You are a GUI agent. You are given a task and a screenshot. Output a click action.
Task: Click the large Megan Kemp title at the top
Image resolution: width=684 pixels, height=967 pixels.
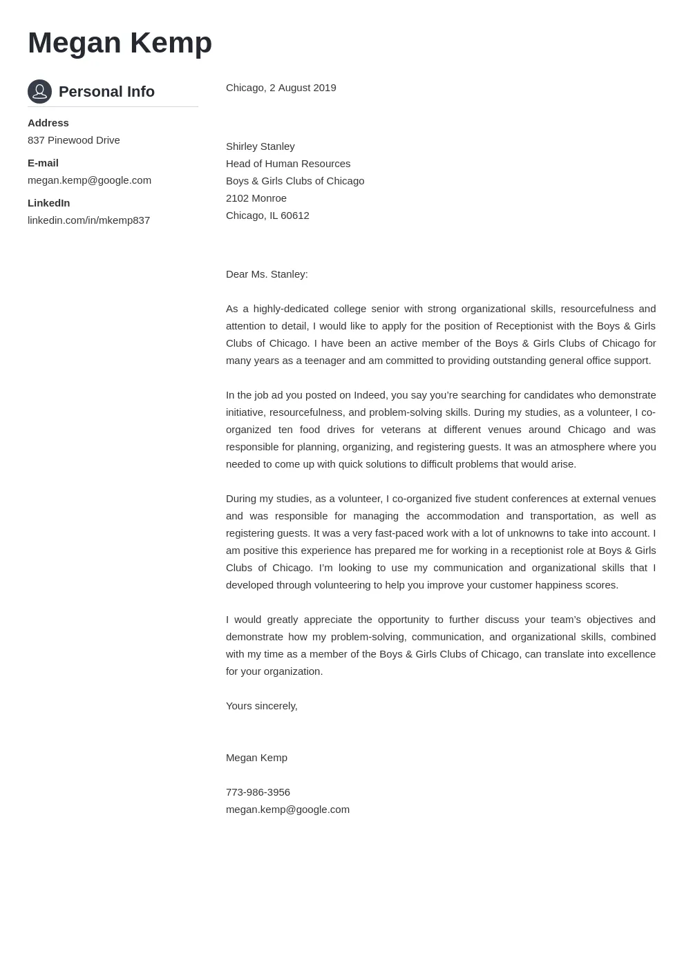120,43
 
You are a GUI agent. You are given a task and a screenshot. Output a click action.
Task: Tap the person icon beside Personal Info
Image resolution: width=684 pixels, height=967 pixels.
39,91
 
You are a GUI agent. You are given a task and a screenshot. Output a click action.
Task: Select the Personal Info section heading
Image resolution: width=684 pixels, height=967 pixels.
106,92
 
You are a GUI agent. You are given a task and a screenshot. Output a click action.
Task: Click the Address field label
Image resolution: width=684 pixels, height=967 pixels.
48,123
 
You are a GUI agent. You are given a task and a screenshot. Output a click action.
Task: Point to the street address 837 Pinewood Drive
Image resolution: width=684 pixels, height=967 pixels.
74,140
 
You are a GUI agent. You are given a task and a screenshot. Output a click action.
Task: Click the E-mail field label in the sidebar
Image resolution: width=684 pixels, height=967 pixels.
43,163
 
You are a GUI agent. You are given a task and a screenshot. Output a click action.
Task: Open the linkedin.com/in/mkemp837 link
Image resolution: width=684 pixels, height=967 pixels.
88,220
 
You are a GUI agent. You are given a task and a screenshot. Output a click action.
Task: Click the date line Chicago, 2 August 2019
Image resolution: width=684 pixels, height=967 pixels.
281,88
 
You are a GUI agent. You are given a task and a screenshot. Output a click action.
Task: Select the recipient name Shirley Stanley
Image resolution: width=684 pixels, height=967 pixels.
260,146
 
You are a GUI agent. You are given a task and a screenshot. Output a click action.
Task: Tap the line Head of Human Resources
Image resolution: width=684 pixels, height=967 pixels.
288,164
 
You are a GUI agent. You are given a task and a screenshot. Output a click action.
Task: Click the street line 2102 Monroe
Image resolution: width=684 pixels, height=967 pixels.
256,198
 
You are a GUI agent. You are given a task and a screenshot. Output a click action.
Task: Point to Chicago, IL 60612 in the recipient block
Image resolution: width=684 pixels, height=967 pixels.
267,216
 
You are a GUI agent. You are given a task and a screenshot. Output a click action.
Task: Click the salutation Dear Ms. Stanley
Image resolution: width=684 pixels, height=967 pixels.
267,274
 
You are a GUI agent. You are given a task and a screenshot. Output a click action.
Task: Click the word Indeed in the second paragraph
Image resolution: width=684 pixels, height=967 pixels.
370,395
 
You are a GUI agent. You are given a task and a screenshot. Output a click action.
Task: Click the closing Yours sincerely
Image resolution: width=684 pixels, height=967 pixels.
261,706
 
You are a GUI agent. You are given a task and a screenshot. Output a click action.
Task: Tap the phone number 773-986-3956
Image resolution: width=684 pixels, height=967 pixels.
258,792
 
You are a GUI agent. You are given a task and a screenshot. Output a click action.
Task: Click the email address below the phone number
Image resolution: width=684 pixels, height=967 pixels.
287,810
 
